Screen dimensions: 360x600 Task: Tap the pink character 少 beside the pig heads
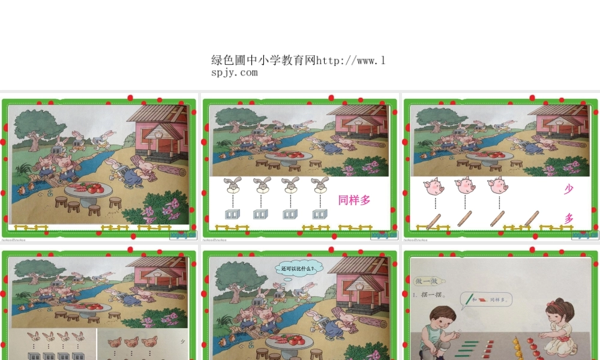[x=568, y=190]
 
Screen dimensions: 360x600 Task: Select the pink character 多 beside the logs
[x=568, y=218]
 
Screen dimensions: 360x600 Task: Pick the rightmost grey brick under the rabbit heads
[x=319, y=214]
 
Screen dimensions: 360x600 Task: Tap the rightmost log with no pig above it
[x=530, y=218]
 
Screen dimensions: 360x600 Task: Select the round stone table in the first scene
[x=89, y=189]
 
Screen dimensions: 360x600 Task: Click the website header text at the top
[x=298, y=66]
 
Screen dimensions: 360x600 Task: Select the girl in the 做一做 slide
[x=562, y=327]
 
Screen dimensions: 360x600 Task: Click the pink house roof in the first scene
[x=157, y=113]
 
